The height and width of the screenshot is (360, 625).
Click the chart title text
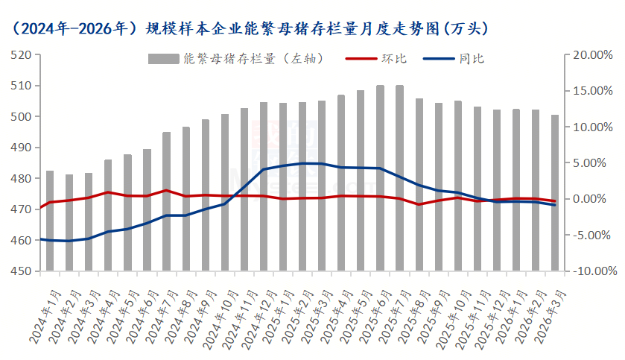coord(249,28)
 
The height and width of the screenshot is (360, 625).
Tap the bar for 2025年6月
coord(380,178)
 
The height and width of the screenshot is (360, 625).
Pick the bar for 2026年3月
coord(555,193)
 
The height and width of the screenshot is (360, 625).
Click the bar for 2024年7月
coord(166,201)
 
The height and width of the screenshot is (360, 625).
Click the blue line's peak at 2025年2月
coord(302,163)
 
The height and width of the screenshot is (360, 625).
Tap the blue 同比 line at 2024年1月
coord(50,240)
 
